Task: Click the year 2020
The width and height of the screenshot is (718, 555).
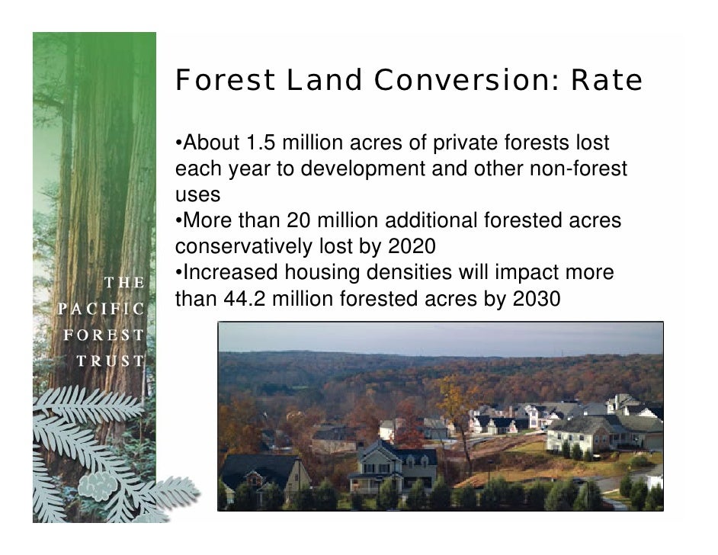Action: (x=411, y=247)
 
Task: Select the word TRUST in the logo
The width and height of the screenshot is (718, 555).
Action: (x=110, y=361)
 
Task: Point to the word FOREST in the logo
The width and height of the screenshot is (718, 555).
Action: (x=104, y=335)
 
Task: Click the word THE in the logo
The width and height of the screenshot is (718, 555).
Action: (x=123, y=283)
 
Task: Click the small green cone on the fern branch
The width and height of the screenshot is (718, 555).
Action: (x=98, y=485)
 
